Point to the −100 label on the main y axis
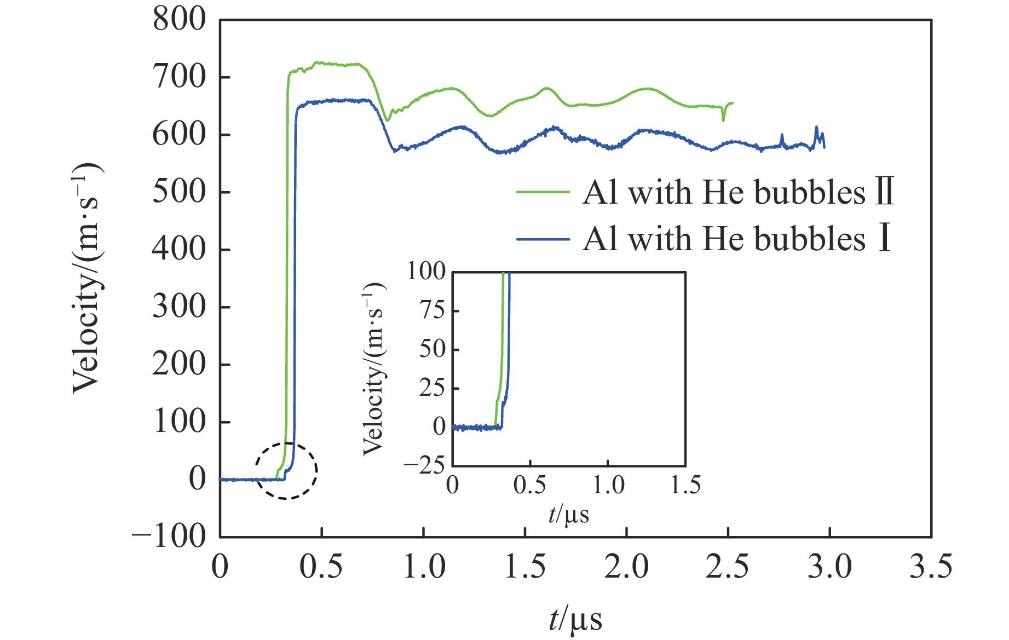(169, 536)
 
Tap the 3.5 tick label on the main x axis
(931, 567)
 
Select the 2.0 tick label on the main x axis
(626, 567)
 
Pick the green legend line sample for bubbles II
(543, 192)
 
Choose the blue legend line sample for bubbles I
(543, 239)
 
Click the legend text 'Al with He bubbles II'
(738, 192)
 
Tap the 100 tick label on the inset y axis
(426, 272)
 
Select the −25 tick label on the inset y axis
(424, 465)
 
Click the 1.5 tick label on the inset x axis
(685, 485)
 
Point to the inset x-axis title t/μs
(569, 515)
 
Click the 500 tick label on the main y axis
(179, 192)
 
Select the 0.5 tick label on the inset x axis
(529, 485)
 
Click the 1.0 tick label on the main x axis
(424, 567)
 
